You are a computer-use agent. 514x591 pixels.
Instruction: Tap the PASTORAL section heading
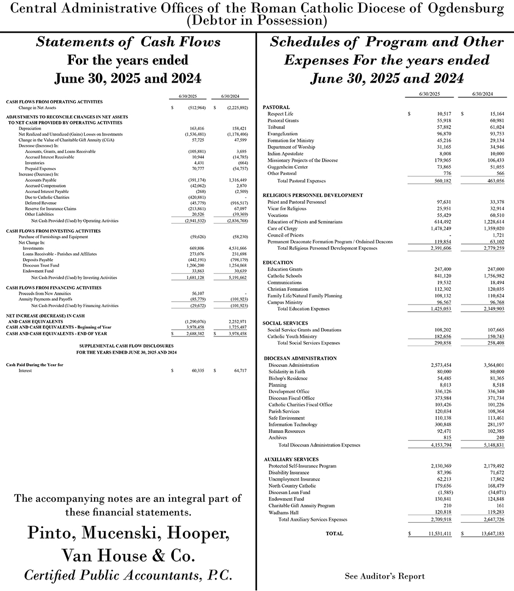276,107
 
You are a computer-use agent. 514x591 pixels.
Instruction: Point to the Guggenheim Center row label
287,167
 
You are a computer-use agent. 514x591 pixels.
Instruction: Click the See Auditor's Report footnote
384,576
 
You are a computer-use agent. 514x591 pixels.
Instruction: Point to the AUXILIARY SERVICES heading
291,459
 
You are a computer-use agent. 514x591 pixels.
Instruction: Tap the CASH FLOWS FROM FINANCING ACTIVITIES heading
53,288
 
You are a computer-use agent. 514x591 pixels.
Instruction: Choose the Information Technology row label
293,425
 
